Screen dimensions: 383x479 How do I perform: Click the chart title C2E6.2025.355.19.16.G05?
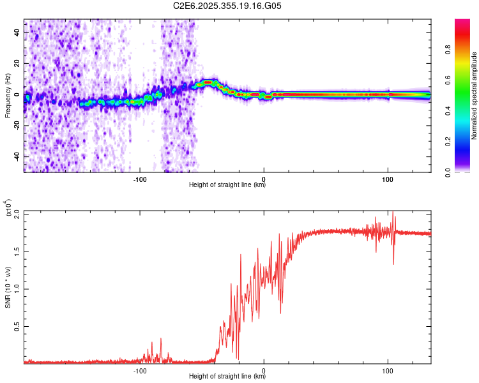227,6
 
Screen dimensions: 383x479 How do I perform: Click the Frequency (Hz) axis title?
8,96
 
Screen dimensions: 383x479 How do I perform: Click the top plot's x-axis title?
227,185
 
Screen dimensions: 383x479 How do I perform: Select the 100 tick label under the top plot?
388,179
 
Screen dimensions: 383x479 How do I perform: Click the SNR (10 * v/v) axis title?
8,287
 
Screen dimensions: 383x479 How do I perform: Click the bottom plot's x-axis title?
227,377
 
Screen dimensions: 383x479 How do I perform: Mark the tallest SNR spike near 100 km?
392,213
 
